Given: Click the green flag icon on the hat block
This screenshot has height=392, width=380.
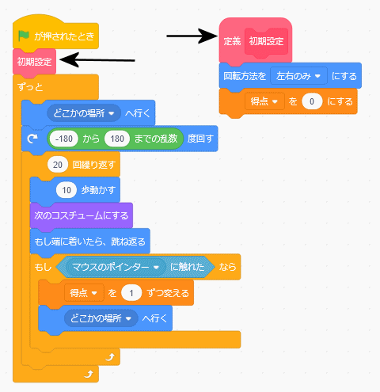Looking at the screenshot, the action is coord(24,36).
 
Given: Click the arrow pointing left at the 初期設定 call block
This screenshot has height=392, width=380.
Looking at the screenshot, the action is coord(97,60).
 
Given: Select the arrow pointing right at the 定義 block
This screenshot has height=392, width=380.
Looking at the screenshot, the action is coord(192,36).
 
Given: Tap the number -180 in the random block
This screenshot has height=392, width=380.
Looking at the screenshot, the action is coord(64,139).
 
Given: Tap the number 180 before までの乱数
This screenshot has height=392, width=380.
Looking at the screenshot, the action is coord(117,139).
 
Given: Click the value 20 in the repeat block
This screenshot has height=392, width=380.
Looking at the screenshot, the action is coord(58,165).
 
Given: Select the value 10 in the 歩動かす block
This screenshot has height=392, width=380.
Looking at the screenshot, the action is coord(66,190).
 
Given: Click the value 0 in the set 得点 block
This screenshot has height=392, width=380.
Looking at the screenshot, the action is coord(312,101).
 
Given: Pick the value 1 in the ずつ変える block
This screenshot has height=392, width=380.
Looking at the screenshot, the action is coord(131,293).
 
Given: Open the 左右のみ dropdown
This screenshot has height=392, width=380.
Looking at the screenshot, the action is coord(298,76).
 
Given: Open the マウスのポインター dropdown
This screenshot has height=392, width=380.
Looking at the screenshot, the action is coord(116,267).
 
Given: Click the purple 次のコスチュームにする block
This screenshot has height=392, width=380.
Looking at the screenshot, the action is coord(82,215).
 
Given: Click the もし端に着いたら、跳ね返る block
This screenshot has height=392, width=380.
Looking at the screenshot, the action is coord(90,242).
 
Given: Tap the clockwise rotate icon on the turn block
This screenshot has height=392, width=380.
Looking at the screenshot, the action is coord(32,139).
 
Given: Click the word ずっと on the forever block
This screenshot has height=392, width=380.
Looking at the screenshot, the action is coord(30,87).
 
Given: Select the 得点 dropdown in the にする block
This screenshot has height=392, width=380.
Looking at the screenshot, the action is coord(264,101).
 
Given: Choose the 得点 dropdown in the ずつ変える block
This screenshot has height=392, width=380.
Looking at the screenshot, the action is coord(84,293).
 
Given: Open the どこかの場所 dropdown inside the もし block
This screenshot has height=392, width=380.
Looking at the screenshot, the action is coord(101,318).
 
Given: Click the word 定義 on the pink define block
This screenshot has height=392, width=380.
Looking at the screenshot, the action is coord(232,41).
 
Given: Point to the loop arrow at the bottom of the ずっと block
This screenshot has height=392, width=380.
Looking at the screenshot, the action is coord(89,375).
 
